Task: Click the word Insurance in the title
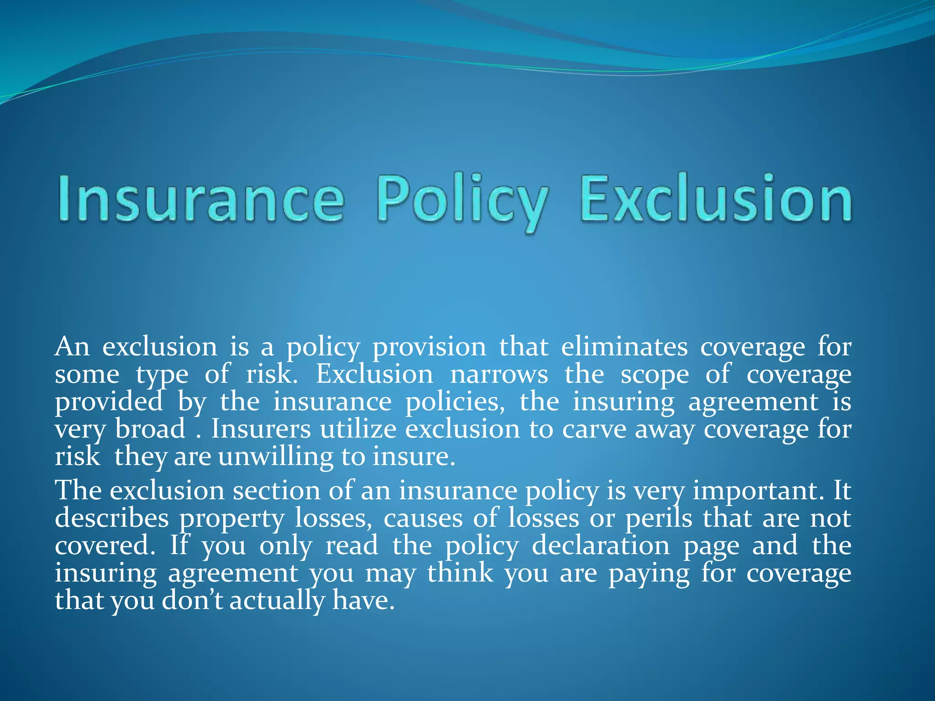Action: [x=201, y=199]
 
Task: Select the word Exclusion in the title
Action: [x=715, y=199]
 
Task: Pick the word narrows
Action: [x=499, y=375]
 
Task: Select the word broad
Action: [x=150, y=429]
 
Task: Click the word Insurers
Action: [x=261, y=429]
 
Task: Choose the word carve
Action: [x=594, y=430]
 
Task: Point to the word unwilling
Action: [x=276, y=457]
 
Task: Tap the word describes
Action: [x=112, y=518]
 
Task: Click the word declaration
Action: [x=601, y=546]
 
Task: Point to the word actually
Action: [x=276, y=601]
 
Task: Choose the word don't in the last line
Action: [x=193, y=601]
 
